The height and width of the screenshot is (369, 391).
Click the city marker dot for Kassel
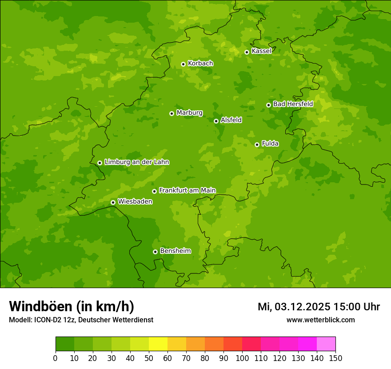pyautogui.click(x=247, y=52)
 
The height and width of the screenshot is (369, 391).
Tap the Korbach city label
pyautogui.click(x=200, y=64)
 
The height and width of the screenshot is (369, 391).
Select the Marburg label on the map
pyautogui.click(x=189, y=113)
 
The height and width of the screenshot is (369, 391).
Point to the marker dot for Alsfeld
pyautogui.click(x=216, y=121)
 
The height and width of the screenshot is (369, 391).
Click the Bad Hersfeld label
pyautogui.click(x=293, y=104)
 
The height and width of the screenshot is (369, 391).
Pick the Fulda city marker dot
pyautogui.click(x=257, y=144)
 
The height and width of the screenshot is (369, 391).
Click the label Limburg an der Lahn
pyautogui.click(x=136, y=162)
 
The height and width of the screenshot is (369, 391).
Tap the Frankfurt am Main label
pyautogui.click(x=187, y=191)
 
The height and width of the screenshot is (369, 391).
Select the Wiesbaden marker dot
pyautogui.click(x=113, y=202)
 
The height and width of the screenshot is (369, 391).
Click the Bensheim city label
pyautogui.click(x=175, y=251)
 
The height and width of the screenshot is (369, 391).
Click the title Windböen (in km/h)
pyautogui.click(x=71, y=307)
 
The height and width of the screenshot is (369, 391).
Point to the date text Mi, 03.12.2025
pyautogui.click(x=294, y=307)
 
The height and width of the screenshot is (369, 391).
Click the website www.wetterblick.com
pyautogui.click(x=320, y=320)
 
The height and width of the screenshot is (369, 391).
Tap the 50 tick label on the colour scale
pyautogui.click(x=149, y=358)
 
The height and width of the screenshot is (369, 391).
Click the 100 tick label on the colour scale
pyautogui.click(x=242, y=358)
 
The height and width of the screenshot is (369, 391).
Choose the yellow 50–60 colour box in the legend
pyautogui.click(x=158, y=344)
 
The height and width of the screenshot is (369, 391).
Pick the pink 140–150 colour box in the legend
pyautogui.click(x=326, y=344)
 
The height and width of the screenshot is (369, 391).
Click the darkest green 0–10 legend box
pyautogui.click(x=65, y=344)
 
